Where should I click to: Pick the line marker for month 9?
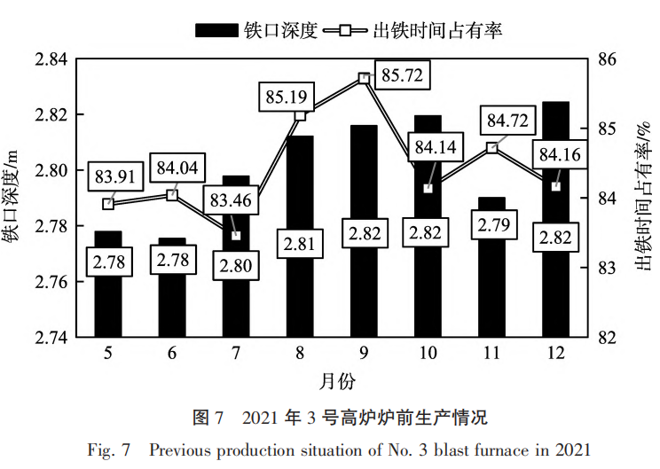tap(364, 78)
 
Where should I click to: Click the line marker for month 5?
tap(108, 203)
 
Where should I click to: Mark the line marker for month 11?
tap(491, 148)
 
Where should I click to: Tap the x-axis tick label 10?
tap(428, 353)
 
